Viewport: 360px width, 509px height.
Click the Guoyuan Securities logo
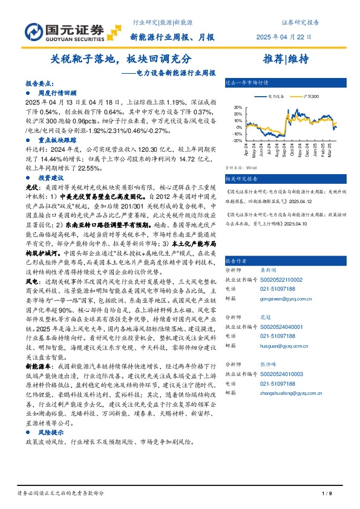click(64, 31)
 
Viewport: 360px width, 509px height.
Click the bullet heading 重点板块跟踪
click(56, 137)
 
